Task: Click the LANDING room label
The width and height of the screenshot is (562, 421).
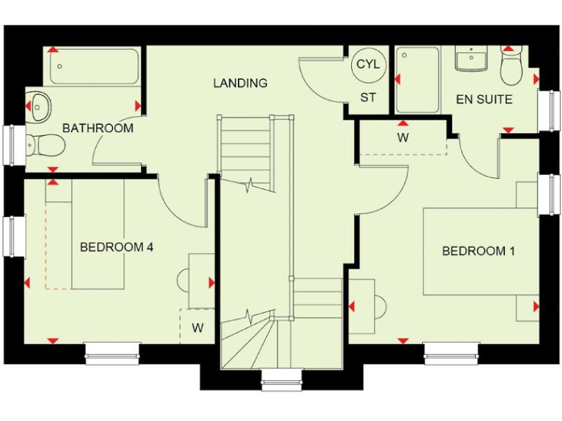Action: coord(240,83)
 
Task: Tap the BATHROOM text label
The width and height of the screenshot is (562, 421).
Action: coord(97,129)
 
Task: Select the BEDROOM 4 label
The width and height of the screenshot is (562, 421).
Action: coord(116,247)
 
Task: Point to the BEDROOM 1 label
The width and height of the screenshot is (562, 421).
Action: coord(479,251)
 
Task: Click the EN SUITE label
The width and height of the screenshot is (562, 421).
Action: coord(484,99)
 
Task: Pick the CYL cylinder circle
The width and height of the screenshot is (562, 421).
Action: coord(367,64)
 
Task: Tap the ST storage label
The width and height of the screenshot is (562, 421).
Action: coord(367,98)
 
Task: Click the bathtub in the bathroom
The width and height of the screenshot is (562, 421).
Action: coord(95,67)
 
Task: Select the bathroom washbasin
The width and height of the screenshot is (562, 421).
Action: coord(40,105)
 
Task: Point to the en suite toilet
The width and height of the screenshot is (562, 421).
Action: coord(511,67)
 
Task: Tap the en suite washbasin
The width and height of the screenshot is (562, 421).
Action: coord(471,58)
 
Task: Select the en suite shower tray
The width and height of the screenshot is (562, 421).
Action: coord(418,80)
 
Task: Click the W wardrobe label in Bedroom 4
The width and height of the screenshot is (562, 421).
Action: coord(198,328)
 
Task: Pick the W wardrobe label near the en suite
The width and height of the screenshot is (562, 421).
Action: coord(402,137)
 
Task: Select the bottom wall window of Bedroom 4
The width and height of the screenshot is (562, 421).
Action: coord(112,354)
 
